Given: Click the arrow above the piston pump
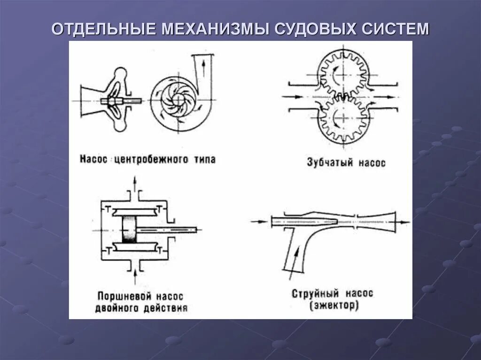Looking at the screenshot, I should [x=135, y=181].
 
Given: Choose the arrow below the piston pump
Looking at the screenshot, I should [x=135, y=276].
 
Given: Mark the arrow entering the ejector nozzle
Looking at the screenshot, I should [x=259, y=220].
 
